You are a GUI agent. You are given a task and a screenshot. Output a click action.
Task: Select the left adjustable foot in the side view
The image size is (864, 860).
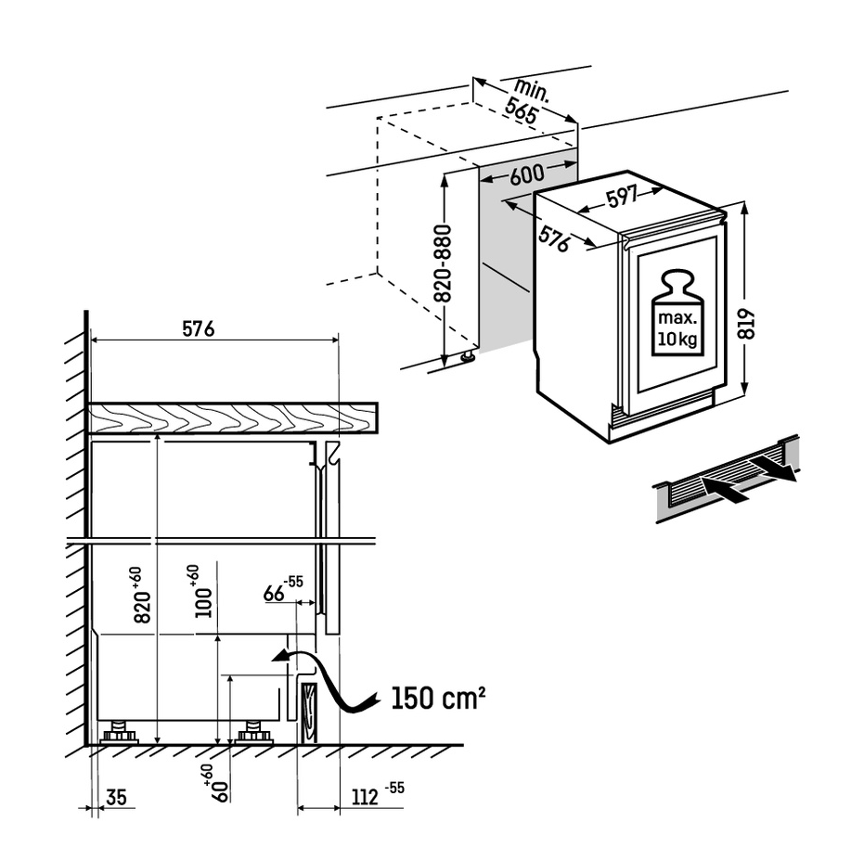click(x=119, y=733)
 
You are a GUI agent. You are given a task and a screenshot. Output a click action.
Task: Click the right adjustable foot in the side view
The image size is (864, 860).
click(x=253, y=733)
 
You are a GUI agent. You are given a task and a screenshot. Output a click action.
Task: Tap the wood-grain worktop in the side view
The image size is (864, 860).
click(x=232, y=418)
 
